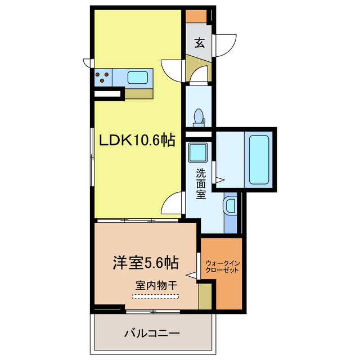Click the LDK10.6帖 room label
[x=137, y=140]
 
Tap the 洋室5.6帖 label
[x=146, y=263]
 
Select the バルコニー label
[x=152, y=333]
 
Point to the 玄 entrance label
[x=200, y=43]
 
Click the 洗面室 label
[x=201, y=184]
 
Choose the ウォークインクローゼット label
[x=222, y=267]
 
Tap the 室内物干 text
[x=156, y=285]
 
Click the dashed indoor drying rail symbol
[x=155, y=296]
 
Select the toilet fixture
[x=199, y=118]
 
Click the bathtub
[x=259, y=160]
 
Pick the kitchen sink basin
[x=137, y=78]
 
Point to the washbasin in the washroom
[x=231, y=206]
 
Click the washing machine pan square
[x=197, y=152]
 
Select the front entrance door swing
[x=224, y=46]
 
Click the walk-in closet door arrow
[x=192, y=275]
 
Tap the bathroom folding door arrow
[x=220, y=179]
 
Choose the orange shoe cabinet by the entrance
[x=196, y=16]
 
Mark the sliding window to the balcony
[x=153, y=312]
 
